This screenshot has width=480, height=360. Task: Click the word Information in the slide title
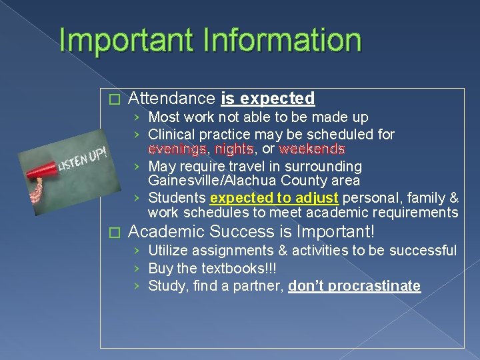pyautogui.click(x=285, y=41)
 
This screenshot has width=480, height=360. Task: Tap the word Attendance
pyautogui.click(x=172, y=99)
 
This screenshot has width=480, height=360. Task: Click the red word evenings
pyautogui.click(x=177, y=149)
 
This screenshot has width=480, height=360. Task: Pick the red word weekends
pyautogui.click(x=312, y=149)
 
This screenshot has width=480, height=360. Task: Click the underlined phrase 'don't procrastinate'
pyautogui.click(x=354, y=286)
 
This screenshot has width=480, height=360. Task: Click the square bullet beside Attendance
pyautogui.click(x=113, y=99)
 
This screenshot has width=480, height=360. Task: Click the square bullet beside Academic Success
pyautogui.click(x=113, y=233)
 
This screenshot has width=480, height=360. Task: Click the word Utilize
pyautogui.click(x=168, y=251)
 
